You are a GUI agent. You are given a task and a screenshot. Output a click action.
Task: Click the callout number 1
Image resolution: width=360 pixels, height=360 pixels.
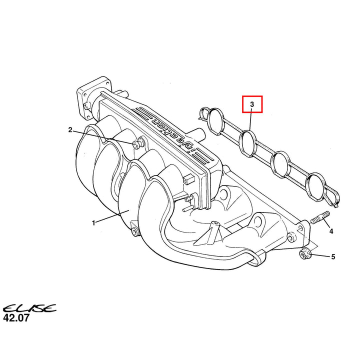click(93, 223)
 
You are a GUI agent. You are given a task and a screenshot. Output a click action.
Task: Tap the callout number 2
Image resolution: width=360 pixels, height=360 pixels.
click(70, 130)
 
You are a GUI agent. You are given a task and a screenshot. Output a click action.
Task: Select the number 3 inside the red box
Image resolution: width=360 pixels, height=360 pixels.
click(252, 104)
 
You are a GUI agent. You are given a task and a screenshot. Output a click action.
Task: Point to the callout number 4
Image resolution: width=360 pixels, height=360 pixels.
click(331, 231)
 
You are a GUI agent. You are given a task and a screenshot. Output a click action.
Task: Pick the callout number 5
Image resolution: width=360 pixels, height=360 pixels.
click(333, 256)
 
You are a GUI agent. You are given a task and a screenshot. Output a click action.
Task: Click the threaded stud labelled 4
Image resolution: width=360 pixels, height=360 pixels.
click(320, 217)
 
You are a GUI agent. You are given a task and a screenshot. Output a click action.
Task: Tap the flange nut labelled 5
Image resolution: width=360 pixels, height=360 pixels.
click(305, 254)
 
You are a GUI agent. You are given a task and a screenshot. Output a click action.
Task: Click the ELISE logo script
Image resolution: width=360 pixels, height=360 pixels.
click(29, 308)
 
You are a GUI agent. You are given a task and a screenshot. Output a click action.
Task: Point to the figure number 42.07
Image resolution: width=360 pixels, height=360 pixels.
click(16, 318)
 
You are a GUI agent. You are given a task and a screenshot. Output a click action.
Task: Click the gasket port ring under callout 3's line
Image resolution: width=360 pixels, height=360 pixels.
click(247, 143)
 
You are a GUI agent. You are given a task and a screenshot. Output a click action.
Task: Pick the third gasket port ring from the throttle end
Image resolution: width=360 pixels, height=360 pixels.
click(280, 164)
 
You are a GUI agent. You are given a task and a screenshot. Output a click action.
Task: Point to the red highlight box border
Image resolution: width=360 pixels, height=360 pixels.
click(252, 96)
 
